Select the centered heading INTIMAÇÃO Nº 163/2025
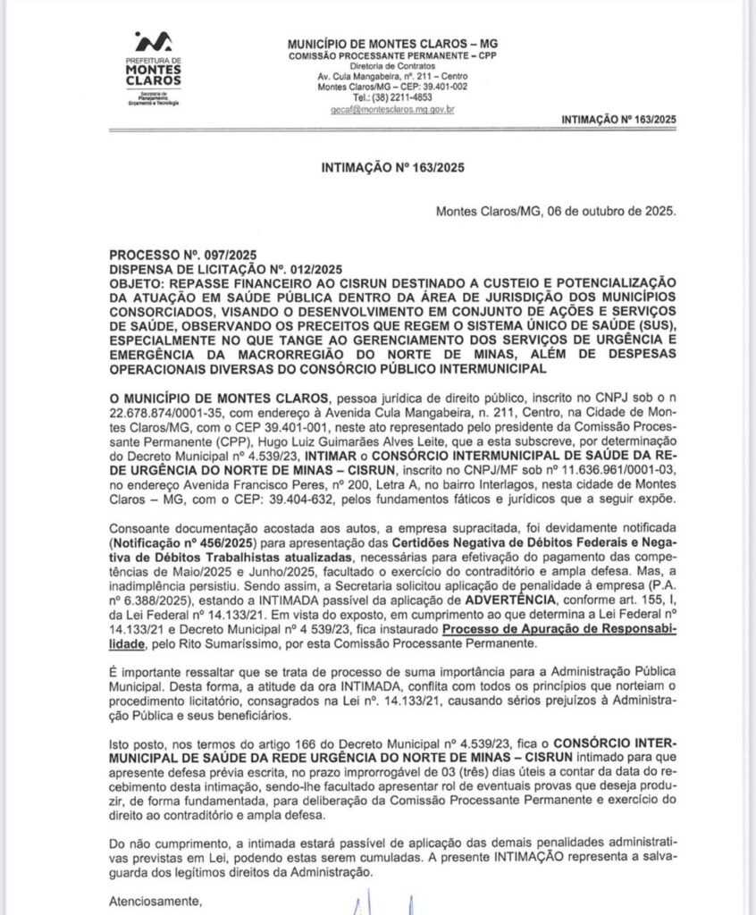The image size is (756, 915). click(x=393, y=167)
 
